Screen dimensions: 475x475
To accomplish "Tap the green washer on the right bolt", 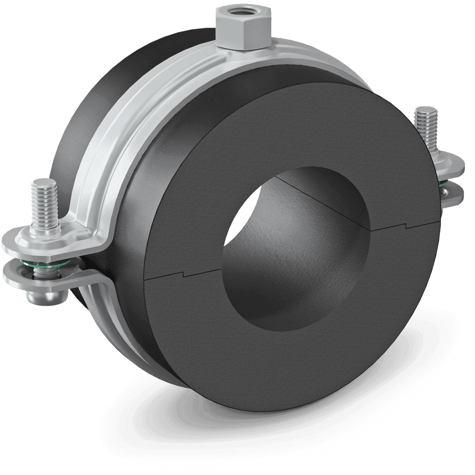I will click(444, 185).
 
